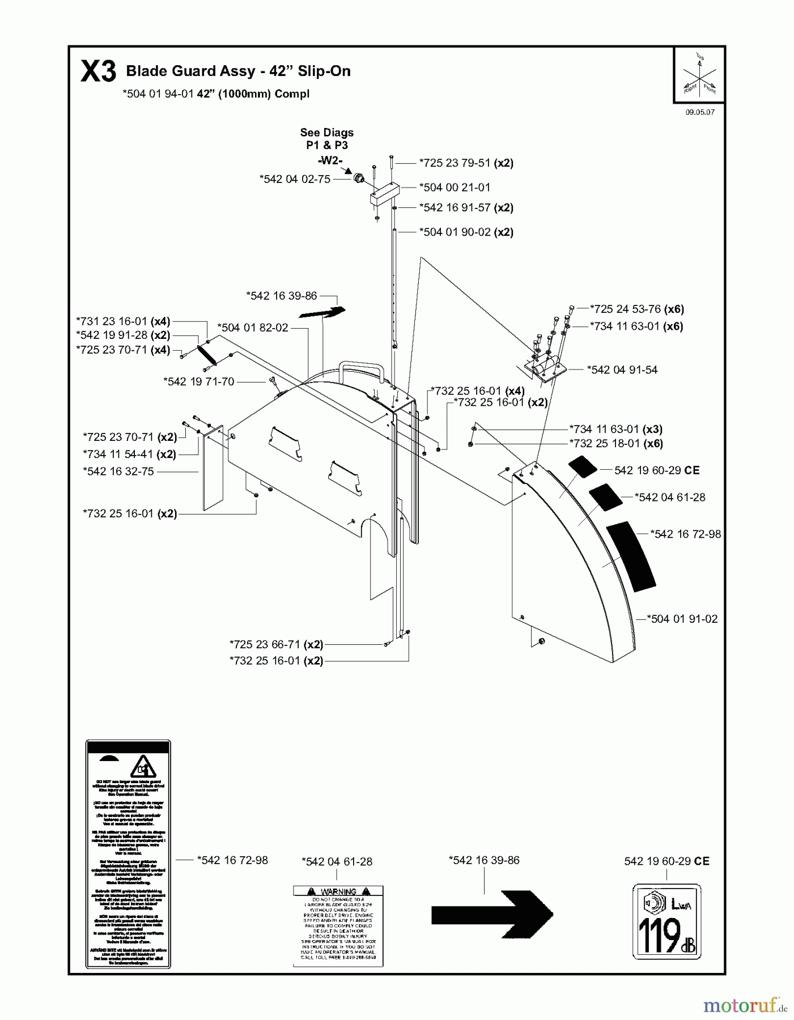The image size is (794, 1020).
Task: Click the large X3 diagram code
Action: pyautogui.click(x=98, y=72)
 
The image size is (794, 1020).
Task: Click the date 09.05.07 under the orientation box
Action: pyautogui.click(x=700, y=112)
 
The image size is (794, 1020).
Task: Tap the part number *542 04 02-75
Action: pyautogui.click(x=295, y=179)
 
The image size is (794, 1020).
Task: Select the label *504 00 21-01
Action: pyautogui.click(x=455, y=187)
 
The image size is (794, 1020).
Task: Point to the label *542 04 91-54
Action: pyautogui.click(x=622, y=369)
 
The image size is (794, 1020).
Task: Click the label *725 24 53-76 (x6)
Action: pyautogui.click(x=636, y=309)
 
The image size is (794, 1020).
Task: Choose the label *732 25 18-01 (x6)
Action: pyautogui.click(x=615, y=444)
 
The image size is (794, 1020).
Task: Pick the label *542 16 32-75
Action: pyautogui.click(x=118, y=471)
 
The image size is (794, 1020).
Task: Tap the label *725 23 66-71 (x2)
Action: pyautogui.click(x=276, y=644)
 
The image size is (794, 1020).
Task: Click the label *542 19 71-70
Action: pyautogui.click(x=198, y=381)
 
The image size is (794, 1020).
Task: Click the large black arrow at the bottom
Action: pyautogui.click(x=491, y=914)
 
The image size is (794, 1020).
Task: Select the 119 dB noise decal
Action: pyautogui.click(x=666, y=922)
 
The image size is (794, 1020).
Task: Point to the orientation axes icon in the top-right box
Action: pyautogui.click(x=699, y=75)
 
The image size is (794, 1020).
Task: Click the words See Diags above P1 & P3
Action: pyautogui.click(x=326, y=133)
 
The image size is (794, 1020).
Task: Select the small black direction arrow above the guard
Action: pyautogui.click(x=322, y=312)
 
